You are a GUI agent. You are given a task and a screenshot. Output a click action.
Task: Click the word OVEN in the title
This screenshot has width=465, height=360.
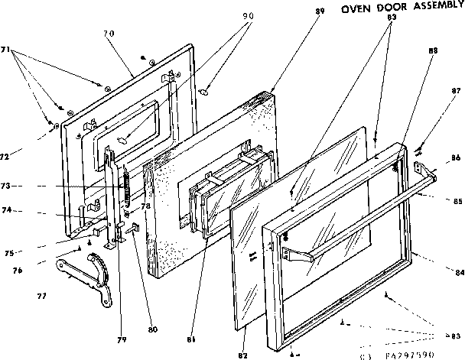tap(356, 10)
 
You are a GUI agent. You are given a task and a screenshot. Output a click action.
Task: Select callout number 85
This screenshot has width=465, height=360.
tap(456, 201)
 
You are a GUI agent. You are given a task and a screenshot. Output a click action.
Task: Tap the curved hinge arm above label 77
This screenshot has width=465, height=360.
tap(85, 271)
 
